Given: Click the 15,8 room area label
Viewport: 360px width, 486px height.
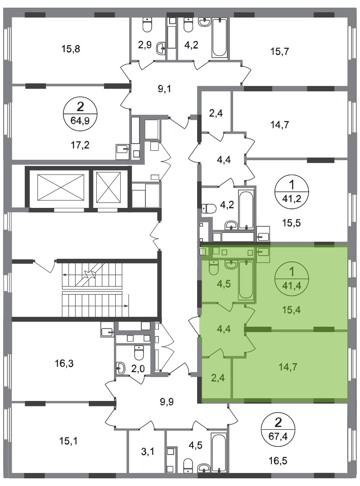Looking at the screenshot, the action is pyautogui.click(x=71, y=49).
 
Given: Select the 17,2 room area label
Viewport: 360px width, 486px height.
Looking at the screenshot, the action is pyautogui.click(x=80, y=144).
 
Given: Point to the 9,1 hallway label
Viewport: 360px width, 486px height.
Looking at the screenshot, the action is pyautogui.click(x=164, y=89).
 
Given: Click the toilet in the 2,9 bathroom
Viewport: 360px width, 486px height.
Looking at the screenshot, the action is pyautogui.click(x=146, y=24).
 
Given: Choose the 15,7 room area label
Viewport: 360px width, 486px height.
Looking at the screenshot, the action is pyautogui.click(x=279, y=51).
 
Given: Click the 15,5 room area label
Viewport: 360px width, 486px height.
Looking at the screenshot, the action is pyautogui.click(x=292, y=223).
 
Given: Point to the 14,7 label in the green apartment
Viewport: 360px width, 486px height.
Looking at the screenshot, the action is pyautogui.click(x=288, y=367).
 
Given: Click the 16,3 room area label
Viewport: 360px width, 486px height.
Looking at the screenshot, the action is pyautogui.click(x=64, y=363).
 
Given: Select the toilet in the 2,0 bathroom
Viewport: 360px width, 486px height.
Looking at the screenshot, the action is pyautogui.click(x=139, y=353).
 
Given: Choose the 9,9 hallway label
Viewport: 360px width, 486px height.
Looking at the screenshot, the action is pyautogui.click(x=167, y=402).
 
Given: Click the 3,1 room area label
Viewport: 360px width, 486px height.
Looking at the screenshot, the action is pyautogui.click(x=148, y=452).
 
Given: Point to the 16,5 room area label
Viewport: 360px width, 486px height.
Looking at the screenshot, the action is pyautogui.click(x=278, y=461).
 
